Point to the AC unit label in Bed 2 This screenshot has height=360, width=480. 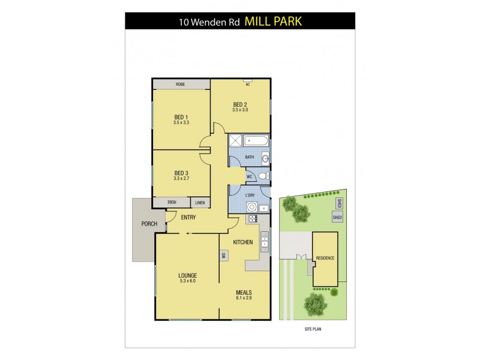click(x=247, y=85)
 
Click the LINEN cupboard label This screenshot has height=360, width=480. click(x=200, y=202)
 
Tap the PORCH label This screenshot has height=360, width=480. click(x=149, y=224)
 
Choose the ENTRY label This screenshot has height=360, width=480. click(x=188, y=217)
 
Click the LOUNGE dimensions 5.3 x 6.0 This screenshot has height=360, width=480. click(x=187, y=281)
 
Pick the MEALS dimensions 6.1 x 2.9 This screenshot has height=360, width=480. click(x=244, y=298)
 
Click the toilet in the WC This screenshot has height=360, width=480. click(x=264, y=176)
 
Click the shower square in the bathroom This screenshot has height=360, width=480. click(x=236, y=141)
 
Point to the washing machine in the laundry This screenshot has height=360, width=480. click(x=253, y=207)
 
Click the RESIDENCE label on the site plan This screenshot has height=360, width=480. click(x=324, y=258)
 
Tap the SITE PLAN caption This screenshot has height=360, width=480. click(x=314, y=329)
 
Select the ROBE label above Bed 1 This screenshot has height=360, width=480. click(x=181, y=85)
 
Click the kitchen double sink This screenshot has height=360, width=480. click(x=265, y=239)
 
